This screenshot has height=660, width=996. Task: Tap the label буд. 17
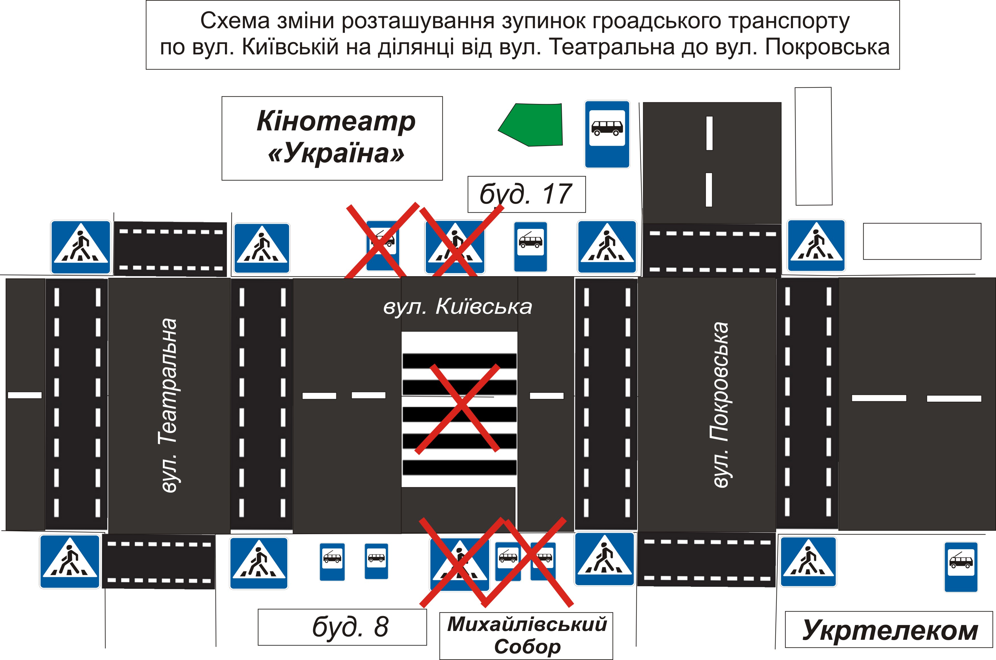526,194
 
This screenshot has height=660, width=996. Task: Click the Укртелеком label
889,630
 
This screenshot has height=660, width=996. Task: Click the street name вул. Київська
458,306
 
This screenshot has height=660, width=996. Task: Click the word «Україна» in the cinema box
336,153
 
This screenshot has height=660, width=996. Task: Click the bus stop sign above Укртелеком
961,567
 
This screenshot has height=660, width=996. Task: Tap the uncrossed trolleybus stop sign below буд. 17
530,247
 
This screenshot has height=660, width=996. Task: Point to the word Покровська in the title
827,47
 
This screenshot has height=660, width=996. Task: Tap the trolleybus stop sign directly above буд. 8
332,561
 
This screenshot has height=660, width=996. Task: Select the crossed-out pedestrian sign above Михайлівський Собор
459,564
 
